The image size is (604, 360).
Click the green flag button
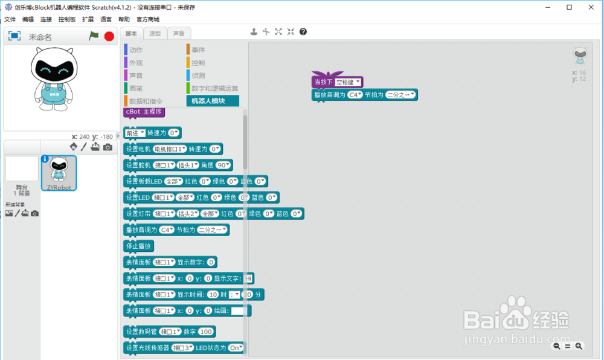[x=94, y=36]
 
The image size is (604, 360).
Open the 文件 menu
[x=10, y=19]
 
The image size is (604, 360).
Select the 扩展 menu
[x=88, y=19]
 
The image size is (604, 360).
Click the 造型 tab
[x=155, y=33]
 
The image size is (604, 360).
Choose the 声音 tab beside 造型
[x=179, y=33]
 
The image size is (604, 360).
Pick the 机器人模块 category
[x=212, y=101]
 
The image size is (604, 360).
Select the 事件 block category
[x=198, y=50]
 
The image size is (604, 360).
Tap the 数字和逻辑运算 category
[x=214, y=88]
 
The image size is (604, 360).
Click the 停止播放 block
[x=138, y=246]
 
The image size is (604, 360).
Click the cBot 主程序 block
[x=144, y=112]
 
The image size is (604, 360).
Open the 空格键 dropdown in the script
[x=349, y=82]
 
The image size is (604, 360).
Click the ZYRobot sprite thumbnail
[x=59, y=172]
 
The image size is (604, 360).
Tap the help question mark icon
[x=303, y=31]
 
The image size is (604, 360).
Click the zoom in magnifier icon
[x=579, y=346]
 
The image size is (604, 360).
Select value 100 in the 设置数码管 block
[x=206, y=332]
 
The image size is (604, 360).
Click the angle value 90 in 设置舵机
[x=223, y=165]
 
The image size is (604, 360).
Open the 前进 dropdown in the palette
[x=134, y=132]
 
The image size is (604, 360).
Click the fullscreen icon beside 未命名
[x=14, y=36]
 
